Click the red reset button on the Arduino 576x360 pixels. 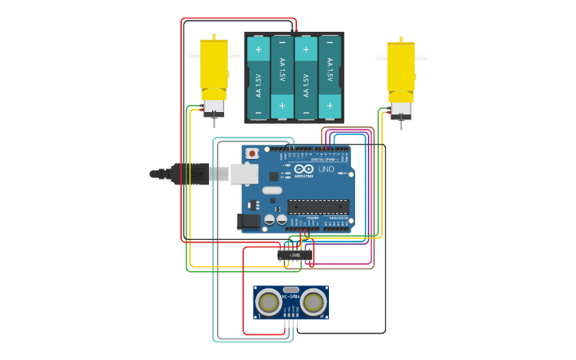click(x=252, y=153)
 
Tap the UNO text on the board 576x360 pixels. click(x=326, y=169)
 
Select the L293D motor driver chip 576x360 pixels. click(x=295, y=255)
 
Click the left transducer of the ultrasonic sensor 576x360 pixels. click(x=269, y=302)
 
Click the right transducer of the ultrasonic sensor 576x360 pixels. click(x=313, y=302)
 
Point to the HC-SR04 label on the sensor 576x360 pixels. click(x=269, y=296)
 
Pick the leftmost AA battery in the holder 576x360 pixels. click(x=258, y=78)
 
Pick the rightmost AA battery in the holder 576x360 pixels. click(x=330, y=78)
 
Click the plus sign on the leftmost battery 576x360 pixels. click(x=258, y=49)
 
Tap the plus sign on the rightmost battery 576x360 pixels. click(x=330, y=105)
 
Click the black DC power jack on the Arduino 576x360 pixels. click(x=249, y=222)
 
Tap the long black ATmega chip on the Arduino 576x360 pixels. click(x=318, y=207)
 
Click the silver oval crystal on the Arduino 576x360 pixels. click(x=273, y=190)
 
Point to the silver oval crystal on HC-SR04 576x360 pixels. click(x=291, y=290)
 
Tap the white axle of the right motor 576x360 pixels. click(x=400, y=57)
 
